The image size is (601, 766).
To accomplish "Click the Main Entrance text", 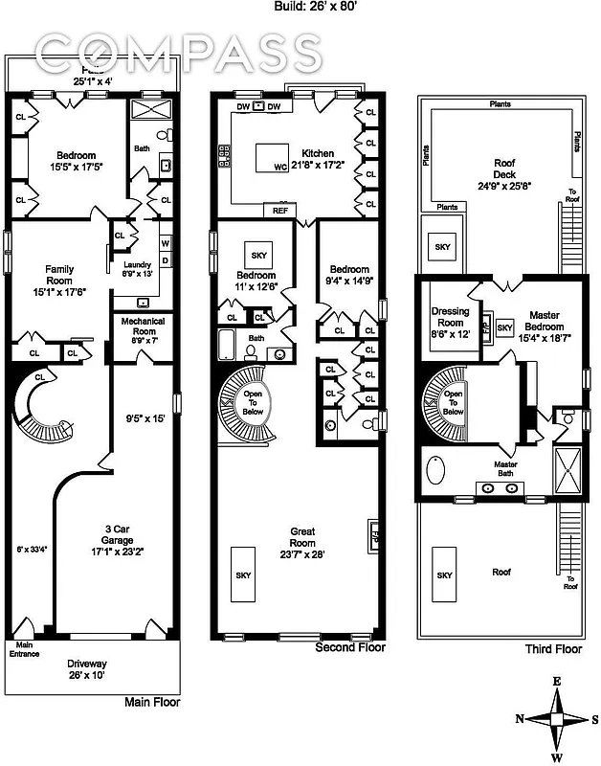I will tap(25, 648).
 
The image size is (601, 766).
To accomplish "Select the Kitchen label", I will tap(318, 153).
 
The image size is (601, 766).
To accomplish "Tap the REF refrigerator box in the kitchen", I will tap(279, 210).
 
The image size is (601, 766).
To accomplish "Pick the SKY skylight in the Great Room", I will tap(244, 574).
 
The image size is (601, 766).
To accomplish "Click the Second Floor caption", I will tap(350, 648).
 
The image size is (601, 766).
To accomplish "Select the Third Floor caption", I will tap(553, 648).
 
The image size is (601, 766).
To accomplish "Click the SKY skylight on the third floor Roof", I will tap(444, 574).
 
